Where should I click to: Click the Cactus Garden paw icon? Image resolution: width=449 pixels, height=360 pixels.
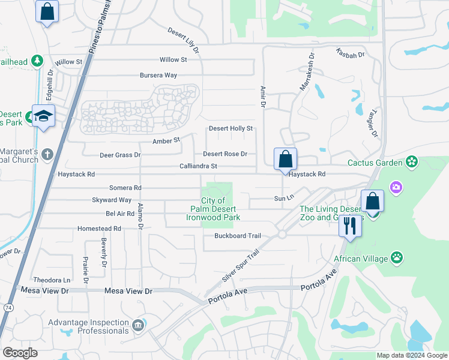coord(412,161)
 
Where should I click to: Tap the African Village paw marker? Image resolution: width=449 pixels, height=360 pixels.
coord(397,258)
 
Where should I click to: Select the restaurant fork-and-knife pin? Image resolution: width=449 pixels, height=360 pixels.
coord(350,226)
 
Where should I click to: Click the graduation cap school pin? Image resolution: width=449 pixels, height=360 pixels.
coord(44,115)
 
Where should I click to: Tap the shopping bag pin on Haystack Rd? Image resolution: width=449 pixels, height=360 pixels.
coord(285,160)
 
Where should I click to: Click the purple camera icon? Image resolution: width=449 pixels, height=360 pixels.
coord(396,188)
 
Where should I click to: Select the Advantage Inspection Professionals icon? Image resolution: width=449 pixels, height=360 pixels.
coord(139,326)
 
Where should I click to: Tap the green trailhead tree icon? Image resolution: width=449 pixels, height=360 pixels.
coord(37,61)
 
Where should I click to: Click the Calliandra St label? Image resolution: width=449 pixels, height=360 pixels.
coord(197,166)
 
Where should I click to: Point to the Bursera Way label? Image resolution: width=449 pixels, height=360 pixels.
coord(158,76)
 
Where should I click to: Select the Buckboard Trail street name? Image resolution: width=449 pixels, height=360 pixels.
coord(238,236)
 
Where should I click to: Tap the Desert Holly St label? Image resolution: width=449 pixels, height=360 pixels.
coord(231,128)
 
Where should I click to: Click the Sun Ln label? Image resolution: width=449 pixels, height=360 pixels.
coord(284,197)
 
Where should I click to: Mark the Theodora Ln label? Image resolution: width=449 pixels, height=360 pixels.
coord(52,280)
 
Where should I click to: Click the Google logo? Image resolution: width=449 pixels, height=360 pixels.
coord(20,353)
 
